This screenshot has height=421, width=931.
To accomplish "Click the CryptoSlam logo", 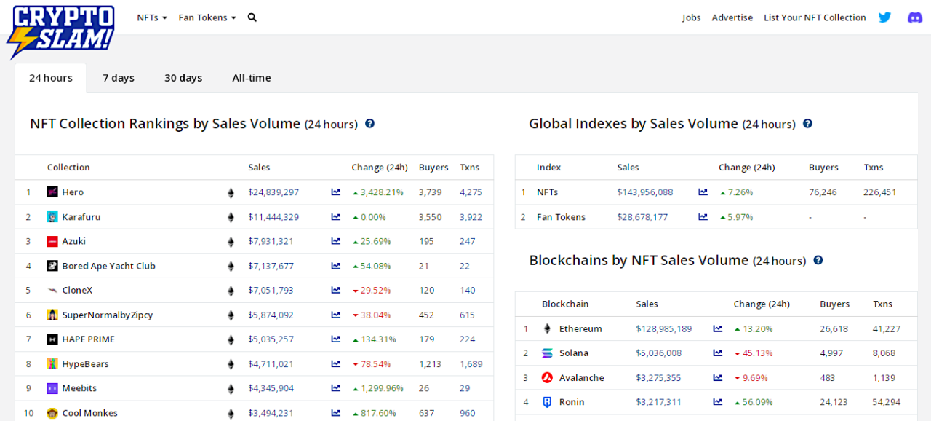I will tap(61, 31).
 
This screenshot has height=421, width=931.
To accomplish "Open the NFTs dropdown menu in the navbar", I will tap(152, 17).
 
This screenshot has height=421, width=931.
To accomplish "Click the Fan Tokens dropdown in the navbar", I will tap(207, 17).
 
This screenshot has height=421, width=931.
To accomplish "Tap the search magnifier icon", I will tap(252, 17).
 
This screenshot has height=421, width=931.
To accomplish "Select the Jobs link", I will tap(691, 17).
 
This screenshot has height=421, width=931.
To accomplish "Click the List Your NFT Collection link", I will tap(815, 17).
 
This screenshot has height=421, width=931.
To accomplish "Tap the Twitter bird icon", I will tap(884, 17).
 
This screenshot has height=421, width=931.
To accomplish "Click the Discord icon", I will tap(915, 17).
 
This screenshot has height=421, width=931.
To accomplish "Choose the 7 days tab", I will tap(119, 78).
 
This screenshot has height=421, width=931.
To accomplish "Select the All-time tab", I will tap(252, 78).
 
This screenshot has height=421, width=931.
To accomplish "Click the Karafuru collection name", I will tap(81, 217).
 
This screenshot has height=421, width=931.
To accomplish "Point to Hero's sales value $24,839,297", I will tap(273, 192).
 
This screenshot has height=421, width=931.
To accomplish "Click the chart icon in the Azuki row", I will tap(336, 241).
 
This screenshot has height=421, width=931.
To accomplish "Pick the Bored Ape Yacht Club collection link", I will tap(109, 266).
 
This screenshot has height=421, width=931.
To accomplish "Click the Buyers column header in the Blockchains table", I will tap(834, 304).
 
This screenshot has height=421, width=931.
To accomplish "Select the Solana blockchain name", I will tap(574, 353).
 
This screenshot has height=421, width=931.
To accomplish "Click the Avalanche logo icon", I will tap(547, 378).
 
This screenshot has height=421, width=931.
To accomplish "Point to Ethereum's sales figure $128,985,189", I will tap(664, 328).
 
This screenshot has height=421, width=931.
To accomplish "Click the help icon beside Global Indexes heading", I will tap(807, 124).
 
